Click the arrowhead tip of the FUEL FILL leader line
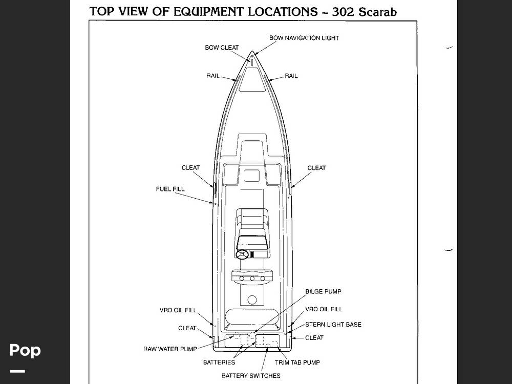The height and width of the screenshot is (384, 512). [213, 203]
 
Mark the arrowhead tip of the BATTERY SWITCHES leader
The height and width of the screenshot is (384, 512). [267, 348]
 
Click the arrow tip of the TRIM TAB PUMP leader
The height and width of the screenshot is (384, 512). [278, 348]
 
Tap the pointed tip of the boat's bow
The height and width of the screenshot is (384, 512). [252, 51]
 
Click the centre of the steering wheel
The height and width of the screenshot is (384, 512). [242, 254]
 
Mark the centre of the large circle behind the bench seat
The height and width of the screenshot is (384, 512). [252, 300]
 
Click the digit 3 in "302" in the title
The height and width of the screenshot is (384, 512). [336, 12]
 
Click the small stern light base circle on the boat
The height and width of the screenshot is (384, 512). [286, 334]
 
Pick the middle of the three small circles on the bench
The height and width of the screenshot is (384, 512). [252, 279]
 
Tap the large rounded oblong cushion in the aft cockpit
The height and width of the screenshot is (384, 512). [252, 316]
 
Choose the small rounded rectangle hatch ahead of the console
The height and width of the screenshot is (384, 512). [252, 176]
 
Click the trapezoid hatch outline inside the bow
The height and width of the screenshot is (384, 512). [252, 79]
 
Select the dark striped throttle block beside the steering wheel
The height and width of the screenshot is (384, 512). [252, 254]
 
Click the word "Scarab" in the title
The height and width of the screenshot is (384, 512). [377, 12]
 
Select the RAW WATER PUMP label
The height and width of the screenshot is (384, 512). [170, 349]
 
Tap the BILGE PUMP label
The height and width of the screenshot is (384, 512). [323, 292]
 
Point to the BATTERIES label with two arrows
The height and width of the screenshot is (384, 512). [219, 362]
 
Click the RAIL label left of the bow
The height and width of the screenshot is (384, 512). [213, 76]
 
